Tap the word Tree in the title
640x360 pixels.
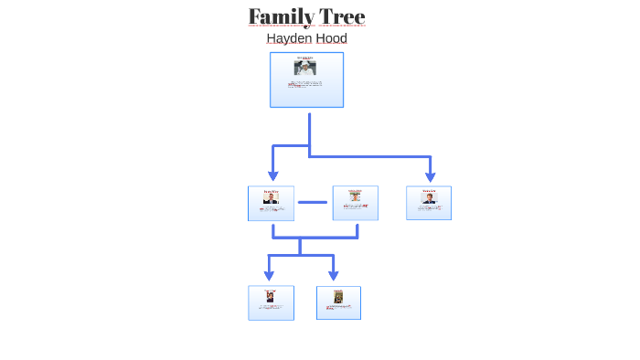(342, 16)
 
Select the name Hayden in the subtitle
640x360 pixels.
(285, 38)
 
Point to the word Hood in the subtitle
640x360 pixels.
(330, 38)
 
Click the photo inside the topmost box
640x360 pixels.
(305, 68)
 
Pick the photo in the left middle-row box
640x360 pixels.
(271, 198)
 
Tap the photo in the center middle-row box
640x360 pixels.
(355, 196)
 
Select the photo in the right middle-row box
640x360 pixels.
(429, 197)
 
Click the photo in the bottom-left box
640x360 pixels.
(271, 297)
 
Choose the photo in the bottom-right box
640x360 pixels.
(338, 297)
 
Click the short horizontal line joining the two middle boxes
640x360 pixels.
(313, 202)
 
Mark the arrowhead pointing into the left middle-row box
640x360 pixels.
(272, 175)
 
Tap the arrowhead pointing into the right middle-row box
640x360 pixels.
(430, 175)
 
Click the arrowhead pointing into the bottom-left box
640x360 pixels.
(269, 275)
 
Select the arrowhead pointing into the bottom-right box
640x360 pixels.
(334, 275)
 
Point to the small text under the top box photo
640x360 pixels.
(306, 84)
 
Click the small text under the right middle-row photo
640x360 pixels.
(429, 208)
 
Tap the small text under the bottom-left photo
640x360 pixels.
(271, 307)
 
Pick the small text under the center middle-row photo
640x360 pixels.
(355, 206)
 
